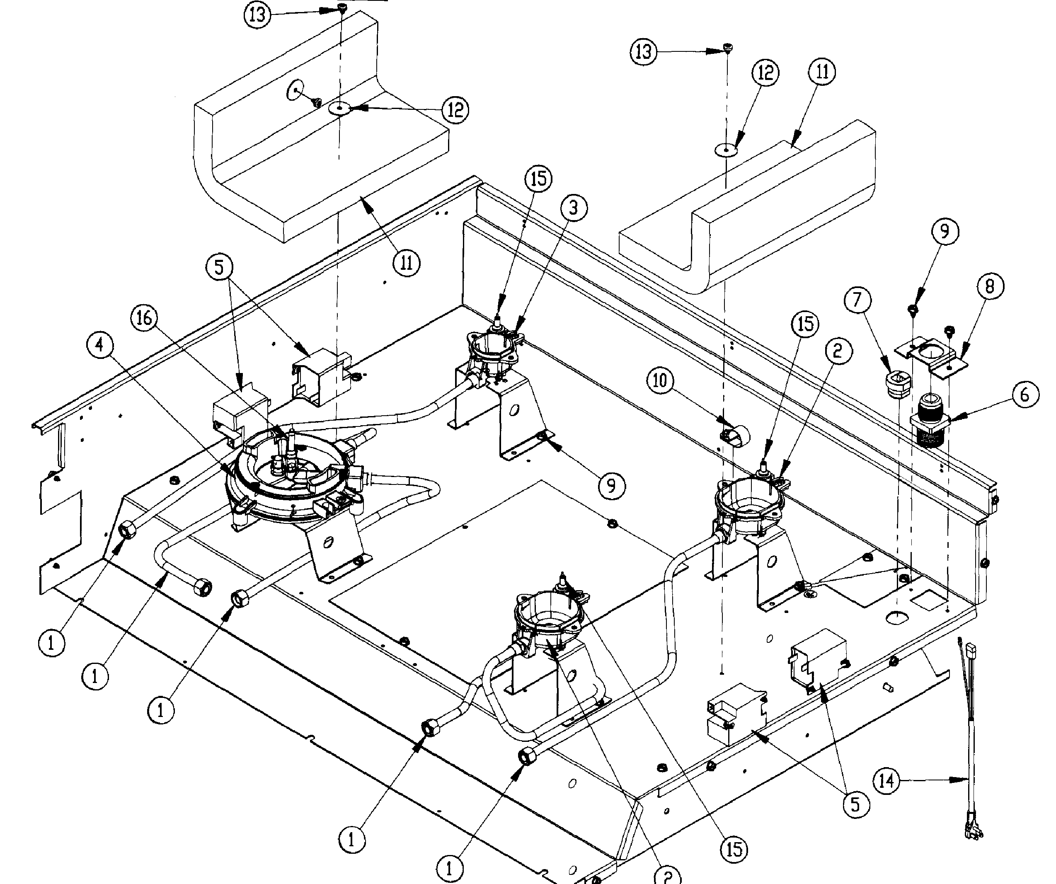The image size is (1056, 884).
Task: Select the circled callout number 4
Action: tap(99, 345)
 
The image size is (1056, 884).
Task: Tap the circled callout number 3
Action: tap(574, 208)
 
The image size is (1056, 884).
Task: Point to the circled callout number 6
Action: tap(1025, 395)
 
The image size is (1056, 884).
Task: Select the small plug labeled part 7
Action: tap(898, 385)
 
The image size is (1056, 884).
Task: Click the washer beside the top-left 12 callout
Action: tap(339, 109)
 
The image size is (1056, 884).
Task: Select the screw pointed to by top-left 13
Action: tap(342, 7)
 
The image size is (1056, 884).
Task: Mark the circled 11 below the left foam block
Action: tap(406, 262)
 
